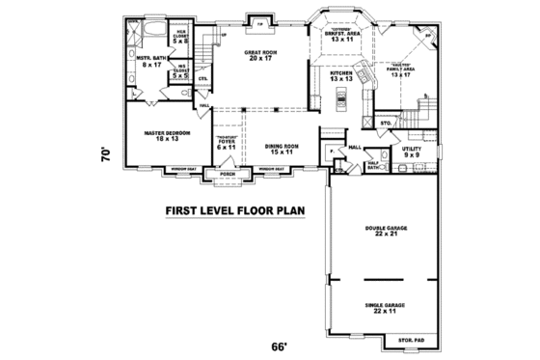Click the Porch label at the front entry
[x=228, y=175]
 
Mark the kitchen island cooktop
[x=342, y=97]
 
